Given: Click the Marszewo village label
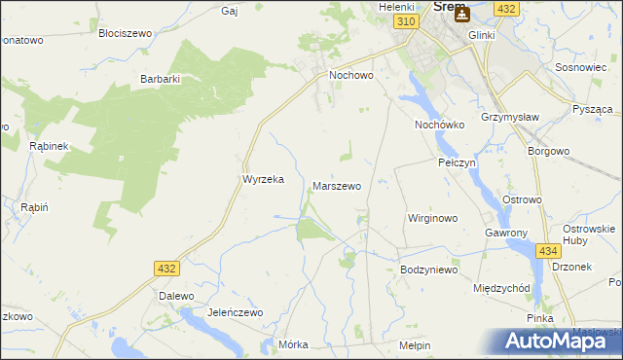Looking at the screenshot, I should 337,185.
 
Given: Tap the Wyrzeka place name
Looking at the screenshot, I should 262,179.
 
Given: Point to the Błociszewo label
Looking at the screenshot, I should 126,32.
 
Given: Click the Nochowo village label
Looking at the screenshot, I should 351,74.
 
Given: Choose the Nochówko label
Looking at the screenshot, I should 440,126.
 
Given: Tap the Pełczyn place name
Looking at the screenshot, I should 456,162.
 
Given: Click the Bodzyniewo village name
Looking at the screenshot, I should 428,270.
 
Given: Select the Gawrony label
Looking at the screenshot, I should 505,234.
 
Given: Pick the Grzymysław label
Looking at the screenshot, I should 509,126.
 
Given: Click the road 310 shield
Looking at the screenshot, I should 407,21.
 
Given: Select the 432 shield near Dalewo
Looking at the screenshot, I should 166,267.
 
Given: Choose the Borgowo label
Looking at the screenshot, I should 547,152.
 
